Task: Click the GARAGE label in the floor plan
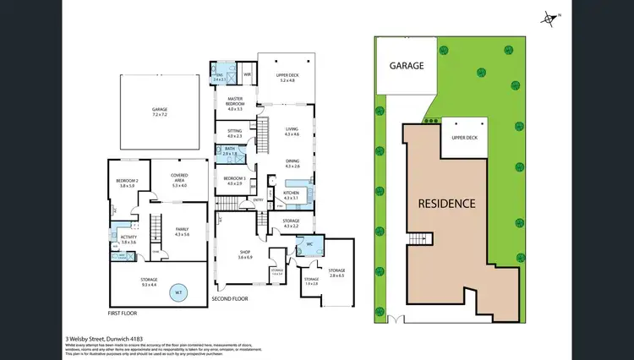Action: point(159,110)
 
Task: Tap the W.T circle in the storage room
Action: point(178,292)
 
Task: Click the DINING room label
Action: point(292,163)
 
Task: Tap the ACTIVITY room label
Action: point(128,241)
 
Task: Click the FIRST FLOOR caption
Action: point(124,313)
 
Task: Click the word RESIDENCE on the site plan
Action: point(446,204)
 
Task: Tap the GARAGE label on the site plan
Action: point(406,65)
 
